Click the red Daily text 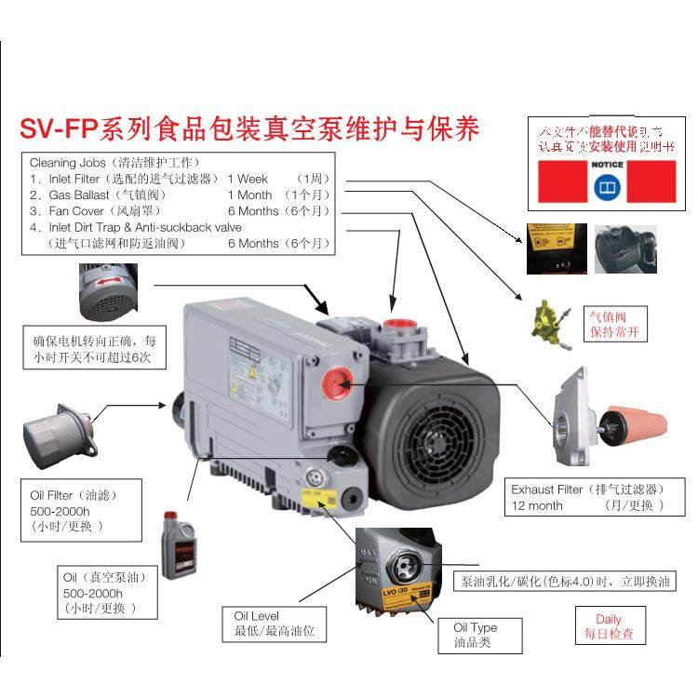pyautogui.click(x=609, y=618)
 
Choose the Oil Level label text pyautogui.click(x=256, y=615)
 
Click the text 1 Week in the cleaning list pyautogui.click(x=248, y=179)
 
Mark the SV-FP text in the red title pyautogui.click(x=70, y=128)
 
